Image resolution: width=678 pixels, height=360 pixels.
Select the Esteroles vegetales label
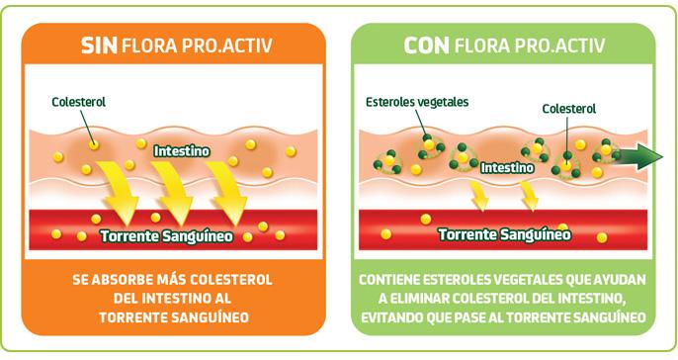(x=417, y=102)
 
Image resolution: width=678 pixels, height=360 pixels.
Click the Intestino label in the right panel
(x=508, y=168)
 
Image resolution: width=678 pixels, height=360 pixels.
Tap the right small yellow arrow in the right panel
(x=529, y=198)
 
